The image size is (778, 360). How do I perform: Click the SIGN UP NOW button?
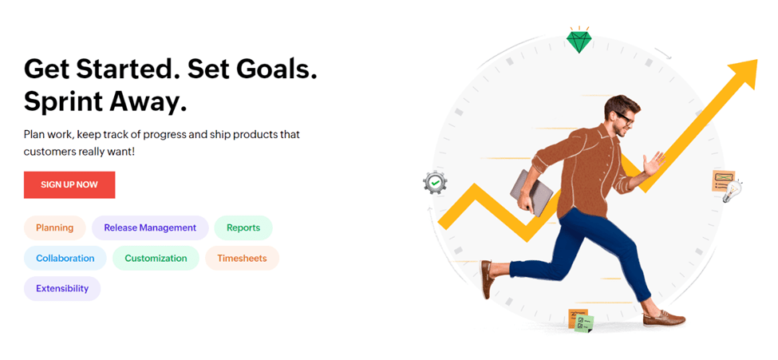point(69,184)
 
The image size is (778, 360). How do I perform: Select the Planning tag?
point(54,228)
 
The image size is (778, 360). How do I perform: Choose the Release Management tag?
point(150,228)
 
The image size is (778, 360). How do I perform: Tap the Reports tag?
point(243,228)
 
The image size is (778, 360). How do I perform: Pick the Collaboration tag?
point(65,258)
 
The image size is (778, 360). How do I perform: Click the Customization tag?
point(156,258)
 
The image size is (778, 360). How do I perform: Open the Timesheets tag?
point(242,258)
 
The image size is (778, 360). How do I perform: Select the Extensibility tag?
point(62,288)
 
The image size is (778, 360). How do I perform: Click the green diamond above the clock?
point(579,42)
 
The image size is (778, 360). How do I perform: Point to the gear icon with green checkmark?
point(436,183)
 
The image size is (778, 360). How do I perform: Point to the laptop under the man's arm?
point(531,192)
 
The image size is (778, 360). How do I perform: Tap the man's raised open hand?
point(654,164)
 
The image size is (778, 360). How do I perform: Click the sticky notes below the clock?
point(581,320)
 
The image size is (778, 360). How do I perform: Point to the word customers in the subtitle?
point(49,152)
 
